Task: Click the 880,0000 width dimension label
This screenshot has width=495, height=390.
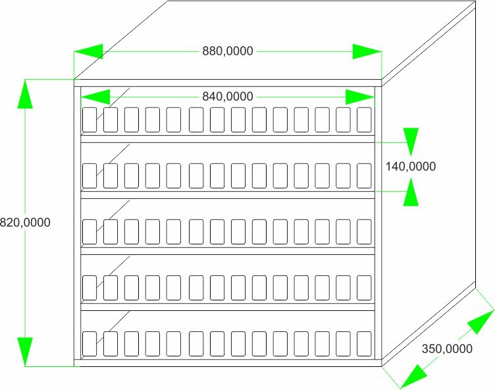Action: [x=228, y=51]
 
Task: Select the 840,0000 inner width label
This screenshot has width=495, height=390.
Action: [x=228, y=96]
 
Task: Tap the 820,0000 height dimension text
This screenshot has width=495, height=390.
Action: [x=25, y=223]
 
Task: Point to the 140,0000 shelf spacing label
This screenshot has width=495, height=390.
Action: [x=410, y=166]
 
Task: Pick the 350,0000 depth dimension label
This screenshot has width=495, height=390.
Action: [x=447, y=349]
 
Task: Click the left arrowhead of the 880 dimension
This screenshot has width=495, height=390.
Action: [x=88, y=51]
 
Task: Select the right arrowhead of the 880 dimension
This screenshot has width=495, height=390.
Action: [x=367, y=51]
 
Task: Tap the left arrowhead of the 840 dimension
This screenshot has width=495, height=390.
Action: [x=95, y=97]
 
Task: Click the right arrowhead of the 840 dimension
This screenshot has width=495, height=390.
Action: [x=360, y=97]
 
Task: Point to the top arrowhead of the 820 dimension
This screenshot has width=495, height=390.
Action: [x=25, y=94]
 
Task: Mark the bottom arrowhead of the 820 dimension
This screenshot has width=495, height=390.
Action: [x=25, y=352]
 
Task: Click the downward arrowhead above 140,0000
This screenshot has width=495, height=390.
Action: [x=411, y=142]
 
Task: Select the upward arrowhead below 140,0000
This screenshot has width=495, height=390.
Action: [x=411, y=192]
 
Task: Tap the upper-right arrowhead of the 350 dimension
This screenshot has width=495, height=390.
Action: [x=481, y=321]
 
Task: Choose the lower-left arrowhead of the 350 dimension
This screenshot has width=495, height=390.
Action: [x=414, y=376]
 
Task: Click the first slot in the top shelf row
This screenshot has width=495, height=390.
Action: [x=90, y=120]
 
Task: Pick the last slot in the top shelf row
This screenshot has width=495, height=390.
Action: [x=364, y=120]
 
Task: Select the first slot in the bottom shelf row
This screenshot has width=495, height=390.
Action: [x=90, y=344]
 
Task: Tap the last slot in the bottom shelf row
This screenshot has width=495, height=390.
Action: [x=364, y=344]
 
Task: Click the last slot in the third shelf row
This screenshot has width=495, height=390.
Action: [x=364, y=232]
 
